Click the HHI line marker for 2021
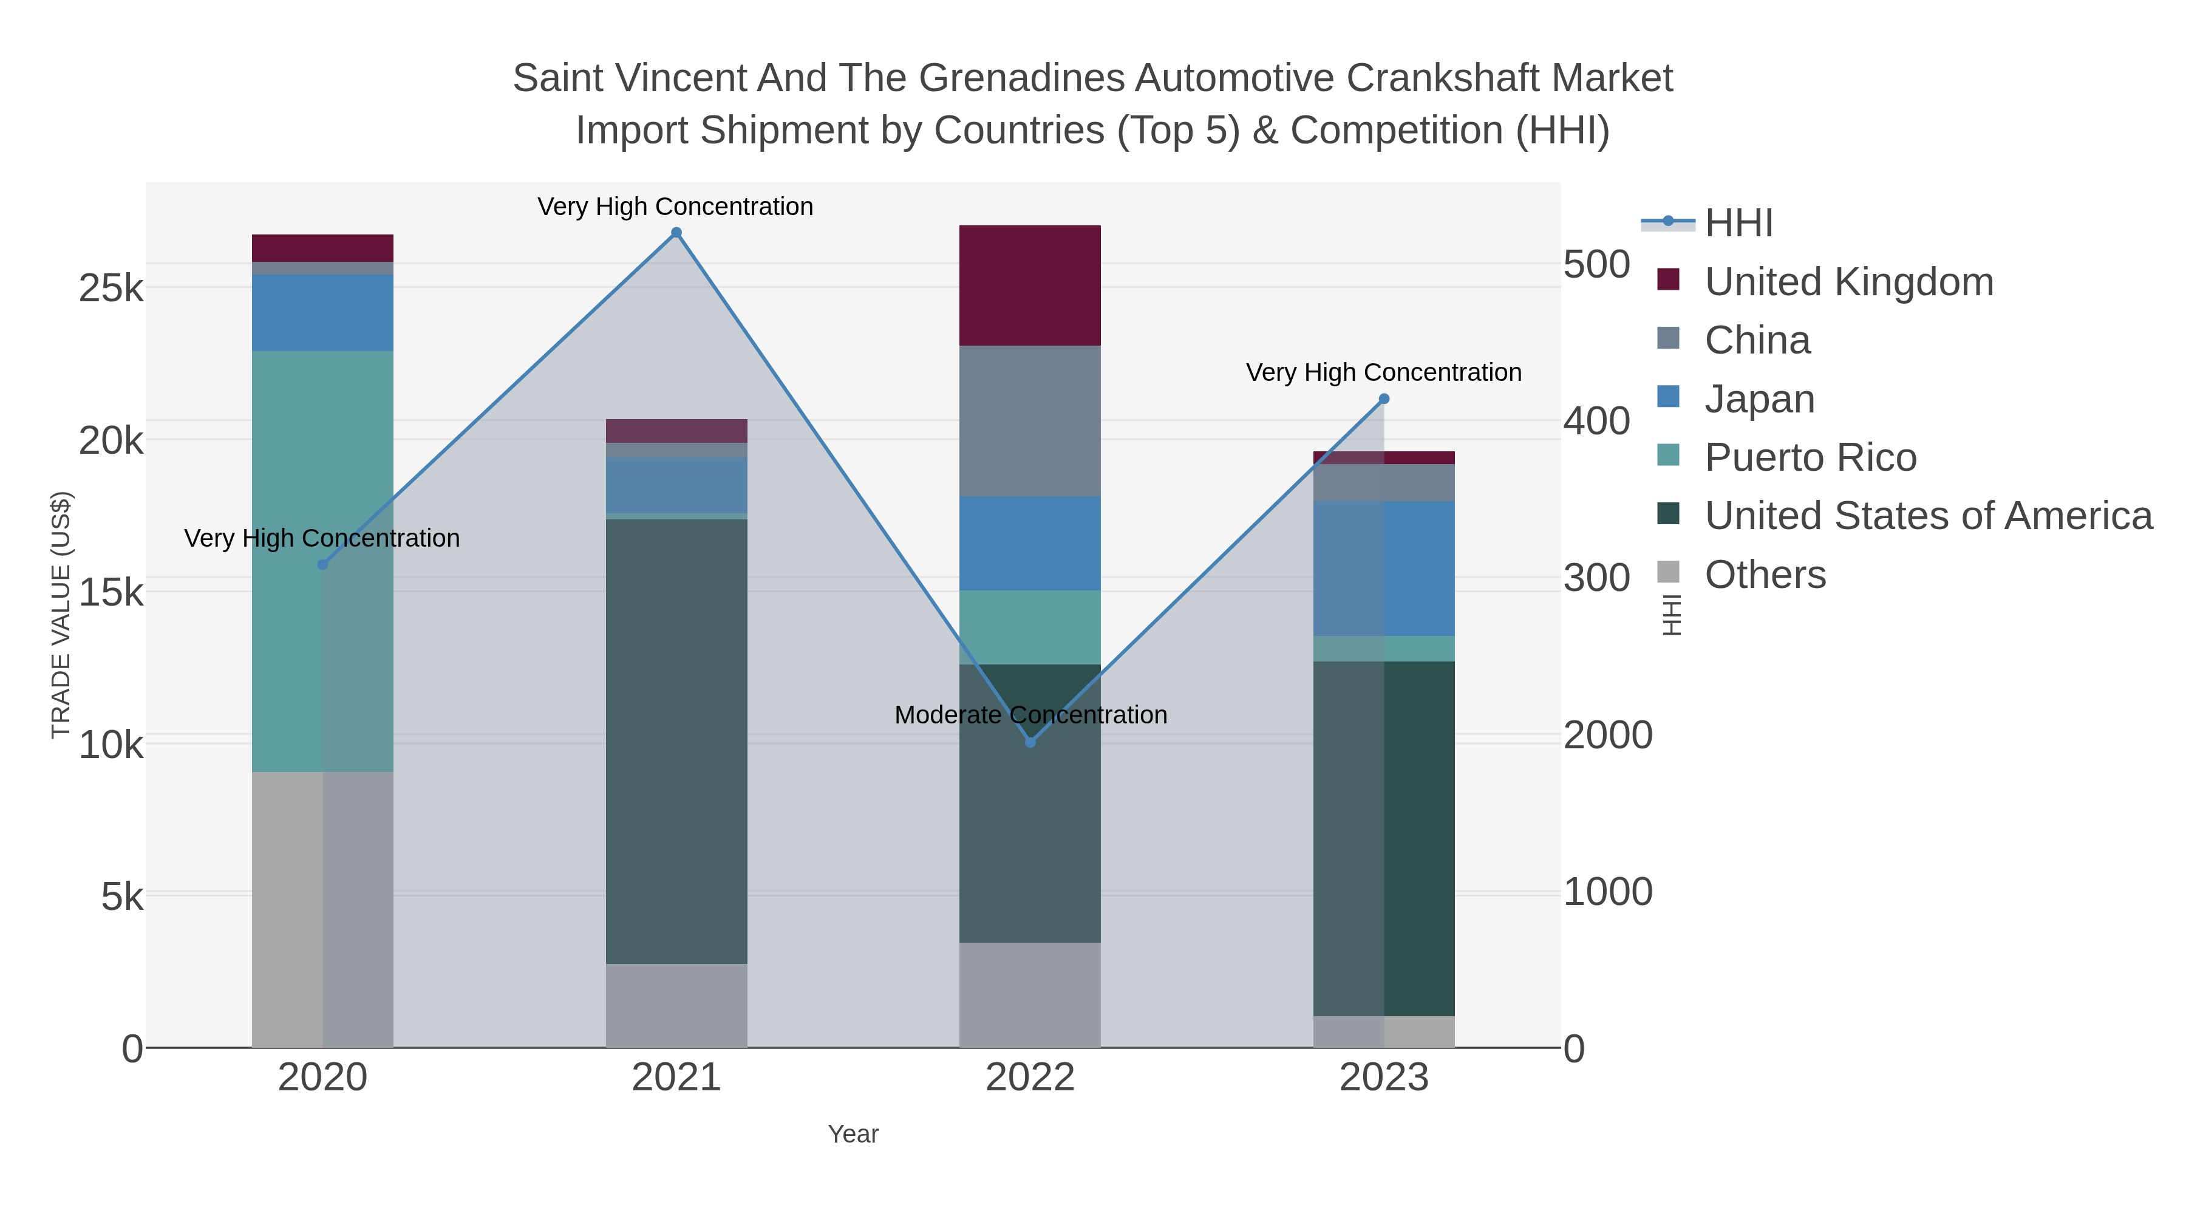click(x=676, y=233)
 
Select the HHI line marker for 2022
click(x=1030, y=743)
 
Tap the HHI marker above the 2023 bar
click(x=1384, y=399)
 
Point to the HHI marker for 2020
click(x=322, y=564)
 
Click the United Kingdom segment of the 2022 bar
click(x=1030, y=285)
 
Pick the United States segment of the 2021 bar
click(x=676, y=741)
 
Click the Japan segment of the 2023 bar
click(x=1384, y=569)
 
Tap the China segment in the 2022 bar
click(x=1030, y=421)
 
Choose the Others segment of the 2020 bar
click(x=322, y=909)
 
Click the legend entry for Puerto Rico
click(x=1810, y=457)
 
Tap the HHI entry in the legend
click(x=1738, y=224)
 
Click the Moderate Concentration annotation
click(x=1030, y=715)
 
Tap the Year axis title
click(x=853, y=1134)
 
